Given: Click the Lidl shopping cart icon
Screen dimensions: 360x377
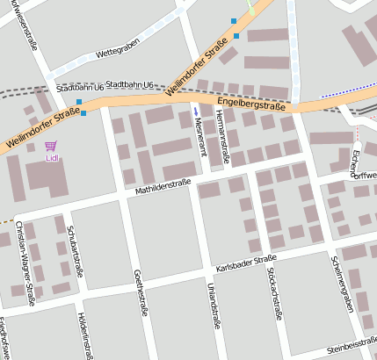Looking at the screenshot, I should tap(50, 146).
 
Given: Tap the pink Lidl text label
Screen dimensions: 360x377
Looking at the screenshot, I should tap(51, 160).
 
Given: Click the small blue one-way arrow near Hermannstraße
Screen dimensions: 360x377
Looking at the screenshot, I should tap(196, 112).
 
